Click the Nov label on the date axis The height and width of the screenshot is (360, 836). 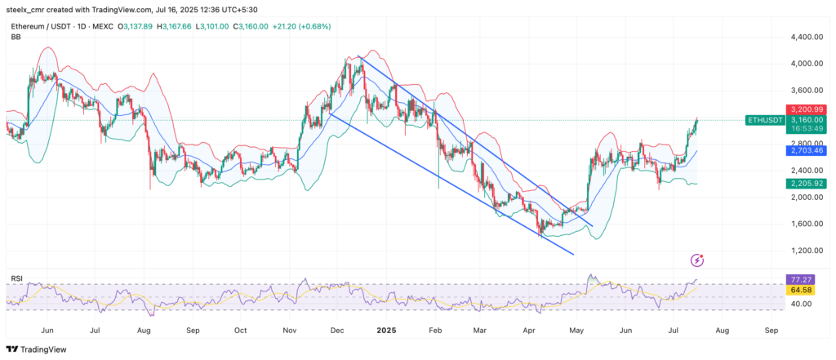290,331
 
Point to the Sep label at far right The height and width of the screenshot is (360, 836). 772,331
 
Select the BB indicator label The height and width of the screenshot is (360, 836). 16,37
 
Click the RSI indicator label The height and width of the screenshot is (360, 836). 16,278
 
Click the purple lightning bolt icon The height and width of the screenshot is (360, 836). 696,260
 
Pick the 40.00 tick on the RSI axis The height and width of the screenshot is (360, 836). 803,304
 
